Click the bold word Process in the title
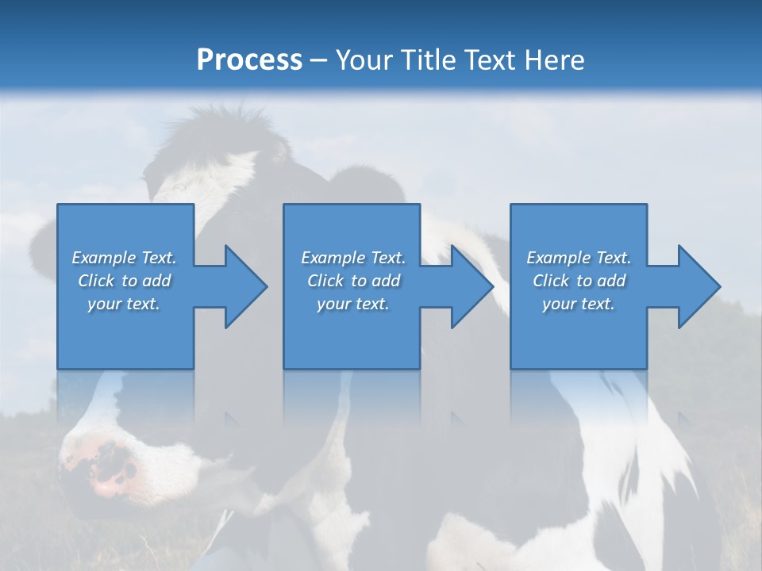[x=249, y=59]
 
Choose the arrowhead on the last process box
[x=698, y=286]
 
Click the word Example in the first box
[x=104, y=258]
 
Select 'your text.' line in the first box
[x=124, y=304]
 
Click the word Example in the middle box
[x=333, y=258]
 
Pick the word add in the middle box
[x=386, y=281]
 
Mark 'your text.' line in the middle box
[x=352, y=304]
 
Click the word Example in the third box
[x=559, y=258]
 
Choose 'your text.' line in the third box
[x=579, y=304]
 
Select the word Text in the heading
[x=491, y=59]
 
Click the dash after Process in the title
[x=319, y=60]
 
